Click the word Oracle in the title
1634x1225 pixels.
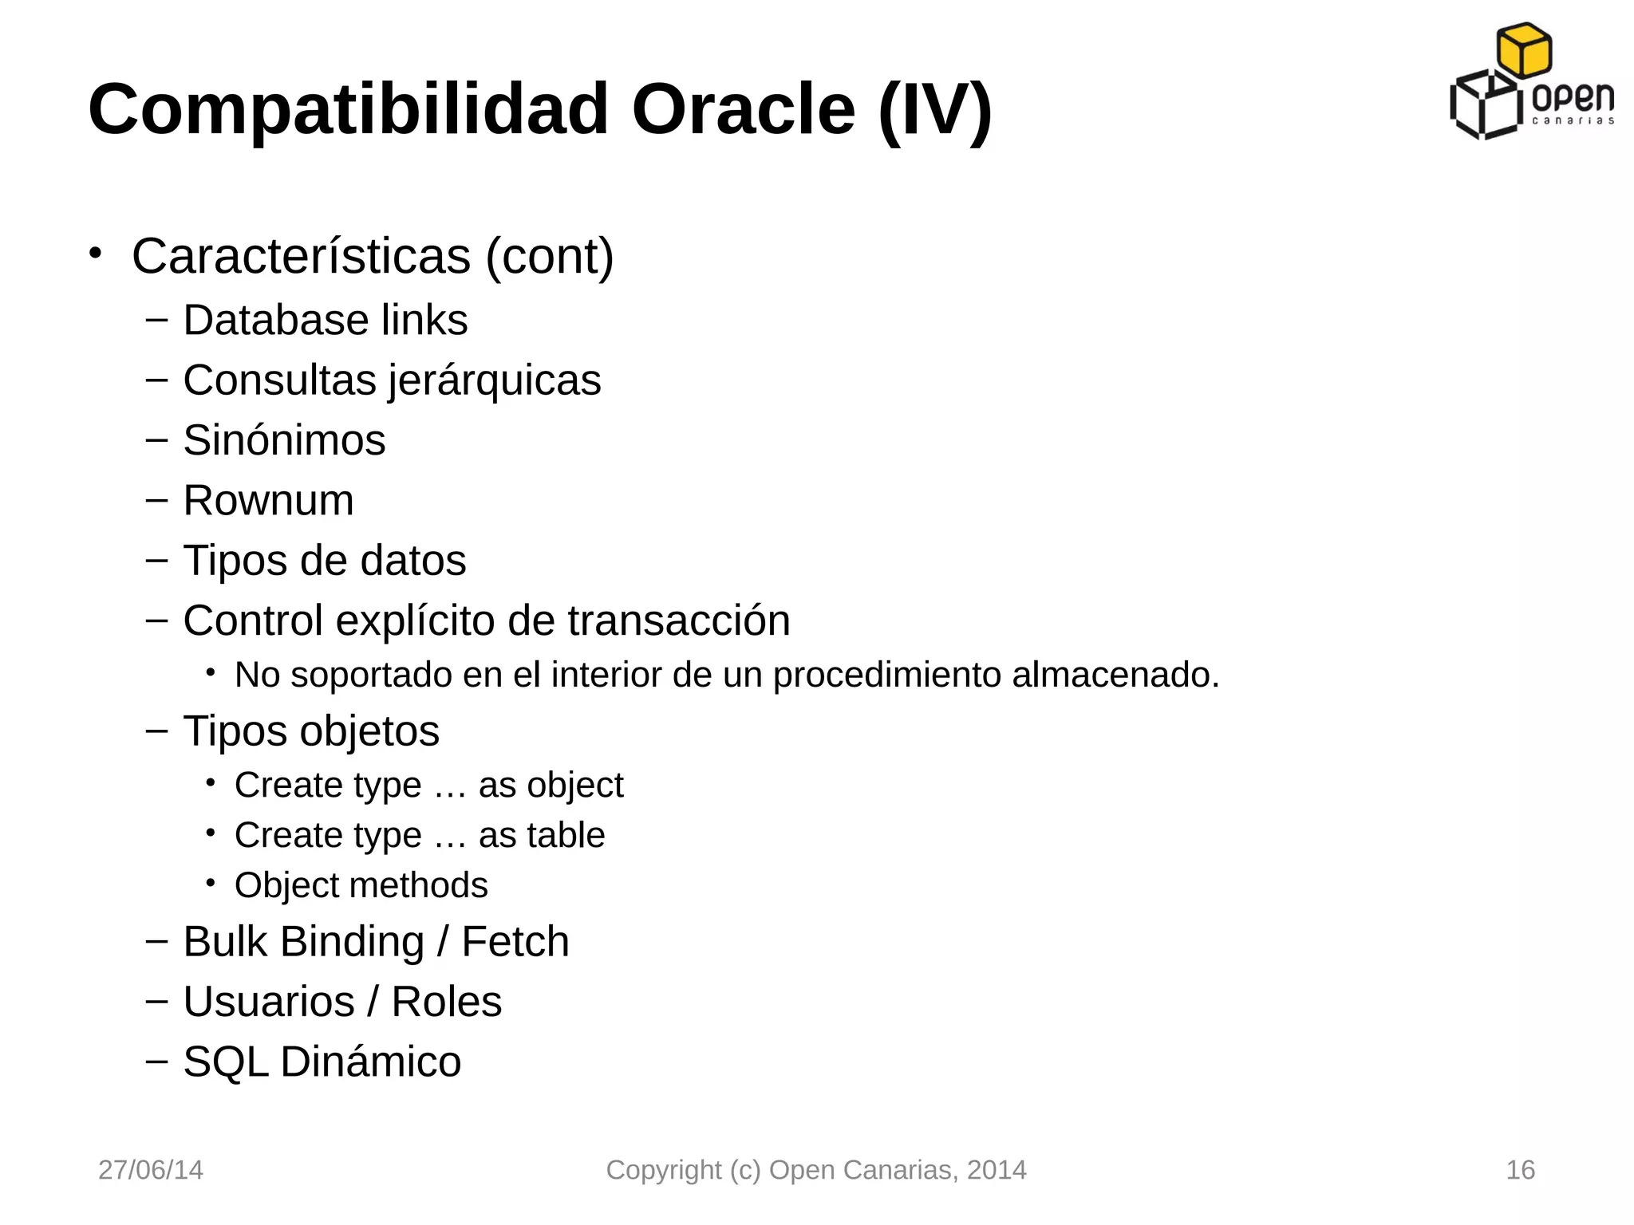click(743, 109)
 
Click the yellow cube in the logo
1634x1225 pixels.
click(1524, 49)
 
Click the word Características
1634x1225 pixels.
click(301, 256)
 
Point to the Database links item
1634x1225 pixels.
click(325, 320)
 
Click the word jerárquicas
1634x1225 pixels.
click(495, 380)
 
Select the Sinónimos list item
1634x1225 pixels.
click(284, 440)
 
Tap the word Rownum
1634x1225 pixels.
click(268, 501)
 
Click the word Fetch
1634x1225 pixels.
click(515, 941)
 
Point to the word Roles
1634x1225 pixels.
click(446, 1002)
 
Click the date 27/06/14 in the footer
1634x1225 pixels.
click(150, 1170)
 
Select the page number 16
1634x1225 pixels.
click(1520, 1170)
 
